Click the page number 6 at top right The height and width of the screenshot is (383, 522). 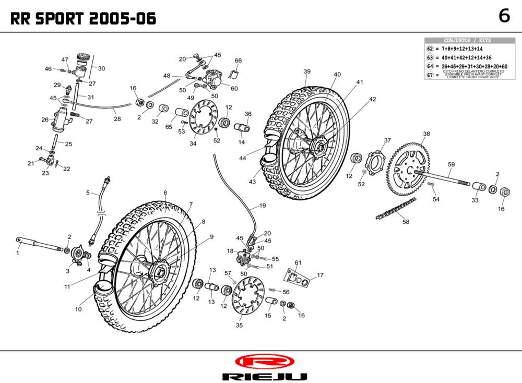pos(504,16)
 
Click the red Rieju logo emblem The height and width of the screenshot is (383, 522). pos(261,362)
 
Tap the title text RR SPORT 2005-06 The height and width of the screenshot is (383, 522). pos(84,19)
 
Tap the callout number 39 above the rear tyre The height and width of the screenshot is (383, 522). pos(307,71)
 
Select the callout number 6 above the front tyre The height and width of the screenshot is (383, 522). pos(165,193)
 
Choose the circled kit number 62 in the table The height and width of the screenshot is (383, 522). pos(431,48)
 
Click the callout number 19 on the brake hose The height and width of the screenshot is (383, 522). pos(262,205)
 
